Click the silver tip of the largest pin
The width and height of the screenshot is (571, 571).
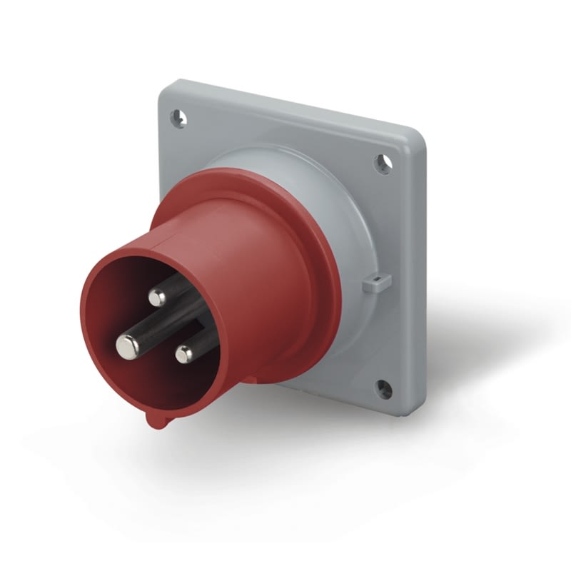click(128, 346)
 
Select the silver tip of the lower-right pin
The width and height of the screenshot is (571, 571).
click(185, 353)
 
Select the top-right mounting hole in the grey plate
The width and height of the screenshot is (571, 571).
click(384, 164)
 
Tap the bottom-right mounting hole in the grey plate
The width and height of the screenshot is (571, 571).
click(383, 388)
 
